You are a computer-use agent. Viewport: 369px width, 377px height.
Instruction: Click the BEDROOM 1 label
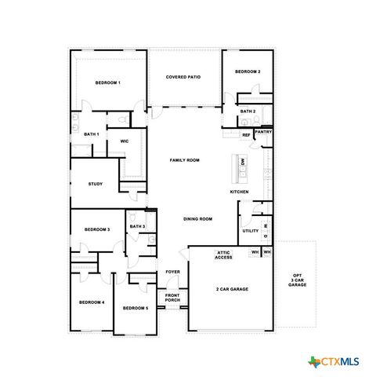pos(107,82)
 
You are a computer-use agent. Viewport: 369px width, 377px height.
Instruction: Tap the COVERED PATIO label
pos(183,77)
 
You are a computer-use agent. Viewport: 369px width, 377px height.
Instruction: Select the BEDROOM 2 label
pos(248,71)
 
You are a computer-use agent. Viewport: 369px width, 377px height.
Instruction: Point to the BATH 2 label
pos(248,112)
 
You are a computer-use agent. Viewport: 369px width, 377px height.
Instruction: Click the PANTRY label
pos(263,132)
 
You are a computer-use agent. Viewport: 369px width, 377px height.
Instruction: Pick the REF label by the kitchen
pos(246,135)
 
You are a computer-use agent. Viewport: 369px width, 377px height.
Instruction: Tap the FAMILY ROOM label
pos(185,159)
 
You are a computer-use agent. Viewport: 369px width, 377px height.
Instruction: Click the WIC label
pos(124,141)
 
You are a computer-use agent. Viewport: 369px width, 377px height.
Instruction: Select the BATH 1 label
pos(92,134)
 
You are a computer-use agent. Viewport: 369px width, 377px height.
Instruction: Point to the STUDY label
pos(96,184)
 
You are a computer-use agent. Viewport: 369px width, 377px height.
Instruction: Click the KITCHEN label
pos(240,192)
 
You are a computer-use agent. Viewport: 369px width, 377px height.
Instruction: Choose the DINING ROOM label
pos(197,218)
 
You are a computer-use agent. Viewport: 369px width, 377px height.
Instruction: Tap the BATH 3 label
pos(137,226)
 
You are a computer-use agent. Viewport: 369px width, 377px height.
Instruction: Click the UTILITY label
pos(250,231)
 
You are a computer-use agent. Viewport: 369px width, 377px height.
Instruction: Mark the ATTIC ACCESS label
pos(223,255)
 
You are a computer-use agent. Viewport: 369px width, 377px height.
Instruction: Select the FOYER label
pos(172,272)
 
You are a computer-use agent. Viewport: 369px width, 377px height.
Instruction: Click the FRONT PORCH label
pos(172,298)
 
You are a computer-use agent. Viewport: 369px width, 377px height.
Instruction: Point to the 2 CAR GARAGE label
pos(232,289)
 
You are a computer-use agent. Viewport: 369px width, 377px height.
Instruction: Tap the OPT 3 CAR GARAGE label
pos(297,276)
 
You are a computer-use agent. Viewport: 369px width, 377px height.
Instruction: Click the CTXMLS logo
pos(335,361)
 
